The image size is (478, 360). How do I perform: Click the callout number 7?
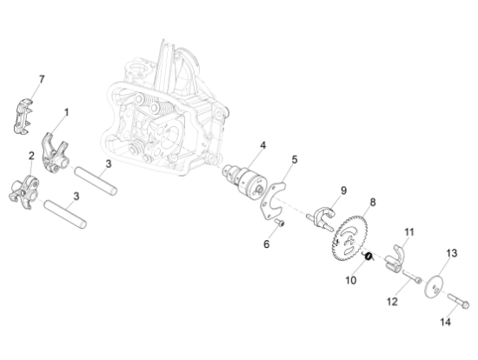[42, 79]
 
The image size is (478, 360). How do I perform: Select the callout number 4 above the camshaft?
[262, 145]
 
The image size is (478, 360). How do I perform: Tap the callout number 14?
[445, 322]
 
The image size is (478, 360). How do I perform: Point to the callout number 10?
[351, 280]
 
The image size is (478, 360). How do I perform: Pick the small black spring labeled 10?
[368, 257]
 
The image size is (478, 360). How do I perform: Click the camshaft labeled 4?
[244, 181]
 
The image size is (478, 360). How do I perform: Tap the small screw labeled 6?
[279, 223]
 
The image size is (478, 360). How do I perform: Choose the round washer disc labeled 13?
[434, 286]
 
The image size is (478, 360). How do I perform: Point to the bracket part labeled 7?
[23, 116]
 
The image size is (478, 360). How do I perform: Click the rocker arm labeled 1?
[54, 153]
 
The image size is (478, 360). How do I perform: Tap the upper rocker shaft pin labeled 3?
[96, 181]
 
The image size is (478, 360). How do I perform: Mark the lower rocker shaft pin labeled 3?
[65, 214]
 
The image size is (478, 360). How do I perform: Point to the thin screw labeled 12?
[412, 276]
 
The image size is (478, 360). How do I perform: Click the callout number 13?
[452, 253]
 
